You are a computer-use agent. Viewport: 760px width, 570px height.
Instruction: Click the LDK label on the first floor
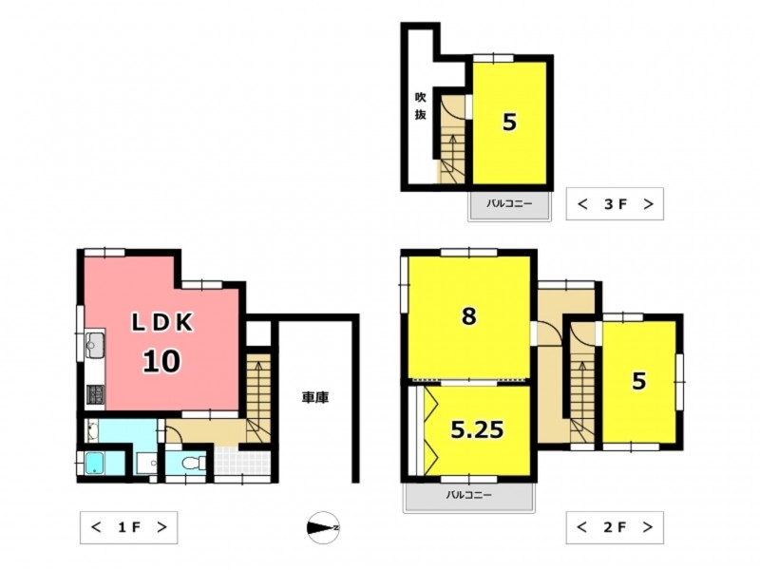click(162, 322)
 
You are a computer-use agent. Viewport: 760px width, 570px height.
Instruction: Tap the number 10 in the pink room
click(161, 361)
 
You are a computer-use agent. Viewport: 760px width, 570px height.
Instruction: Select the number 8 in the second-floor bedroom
click(468, 316)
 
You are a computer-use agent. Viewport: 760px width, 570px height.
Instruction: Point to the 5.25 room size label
click(478, 429)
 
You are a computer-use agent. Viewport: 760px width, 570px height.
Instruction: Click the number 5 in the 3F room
click(509, 123)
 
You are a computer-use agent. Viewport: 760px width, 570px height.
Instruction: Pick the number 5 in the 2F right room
click(638, 381)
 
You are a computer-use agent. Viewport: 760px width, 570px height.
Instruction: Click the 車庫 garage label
click(315, 398)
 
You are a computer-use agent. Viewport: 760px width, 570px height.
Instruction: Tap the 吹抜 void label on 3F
click(420, 105)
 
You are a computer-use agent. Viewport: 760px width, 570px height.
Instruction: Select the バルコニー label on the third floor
click(509, 203)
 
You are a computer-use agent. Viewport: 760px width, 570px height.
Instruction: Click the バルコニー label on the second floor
click(468, 495)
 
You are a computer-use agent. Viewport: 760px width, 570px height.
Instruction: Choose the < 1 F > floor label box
click(128, 527)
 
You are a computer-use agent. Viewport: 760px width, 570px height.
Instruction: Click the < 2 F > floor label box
click(615, 527)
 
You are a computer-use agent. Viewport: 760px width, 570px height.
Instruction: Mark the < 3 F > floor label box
click(615, 204)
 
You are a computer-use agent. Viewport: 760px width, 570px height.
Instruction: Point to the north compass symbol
click(323, 527)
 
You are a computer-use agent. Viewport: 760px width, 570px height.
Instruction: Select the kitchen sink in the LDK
click(95, 345)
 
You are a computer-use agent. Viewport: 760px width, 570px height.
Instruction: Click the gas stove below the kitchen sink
click(95, 394)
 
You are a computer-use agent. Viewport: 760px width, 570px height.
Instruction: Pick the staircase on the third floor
click(451, 140)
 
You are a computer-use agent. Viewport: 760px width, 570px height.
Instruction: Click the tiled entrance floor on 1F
click(242, 463)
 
